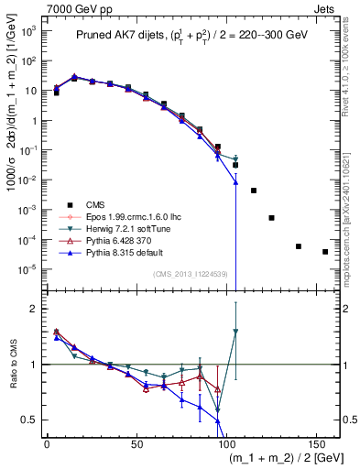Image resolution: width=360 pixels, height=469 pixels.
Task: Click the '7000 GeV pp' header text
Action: click(76, 7)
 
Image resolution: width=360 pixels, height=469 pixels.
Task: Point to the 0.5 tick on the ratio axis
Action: click(31, 420)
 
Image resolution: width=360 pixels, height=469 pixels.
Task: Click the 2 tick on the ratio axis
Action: click(35, 309)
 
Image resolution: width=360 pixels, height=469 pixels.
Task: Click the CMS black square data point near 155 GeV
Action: click(325, 251)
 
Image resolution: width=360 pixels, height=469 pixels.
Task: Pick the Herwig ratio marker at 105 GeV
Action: click(235, 332)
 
